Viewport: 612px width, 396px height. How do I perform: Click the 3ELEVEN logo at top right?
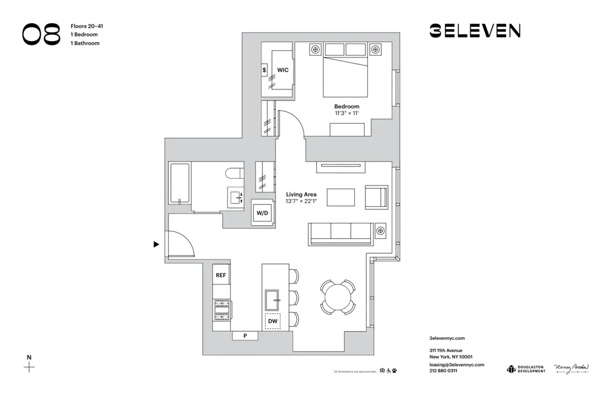pyautogui.click(x=474, y=31)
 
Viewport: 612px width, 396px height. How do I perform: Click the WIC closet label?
pyautogui.click(x=282, y=70)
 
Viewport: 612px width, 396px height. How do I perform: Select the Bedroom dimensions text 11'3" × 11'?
pyautogui.click(x=346, y=114)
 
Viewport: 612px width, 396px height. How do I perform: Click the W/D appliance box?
pyautogui.click(x=263, y=214)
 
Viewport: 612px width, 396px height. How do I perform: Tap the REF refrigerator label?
pyautogui.click(x=221, y=275)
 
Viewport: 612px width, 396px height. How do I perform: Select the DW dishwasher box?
pyautogui.click(x=273, y=320)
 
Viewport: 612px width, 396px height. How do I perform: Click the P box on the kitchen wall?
pyautogui.click(x=245, y=335)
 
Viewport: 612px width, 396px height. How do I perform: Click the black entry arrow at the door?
pyautogui.click(x=156, y=244)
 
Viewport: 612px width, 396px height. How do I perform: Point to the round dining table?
pyautogui.click(x=338, y=297)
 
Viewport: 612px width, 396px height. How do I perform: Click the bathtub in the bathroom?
pyautogui.click(x=180, y=182)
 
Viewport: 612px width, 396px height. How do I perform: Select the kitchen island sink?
pyautogui.click(x=273, y=300)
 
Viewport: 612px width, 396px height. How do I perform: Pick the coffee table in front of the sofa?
pyautogui.click(x=340, y=198)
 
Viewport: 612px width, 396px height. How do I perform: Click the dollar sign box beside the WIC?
pyautogui.click(x=264, y=70)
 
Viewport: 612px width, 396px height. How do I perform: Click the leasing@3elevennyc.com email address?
pyautogui.click(x=457, y=364)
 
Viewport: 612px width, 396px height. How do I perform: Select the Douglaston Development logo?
pyautogui.click(x=525, y=368)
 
